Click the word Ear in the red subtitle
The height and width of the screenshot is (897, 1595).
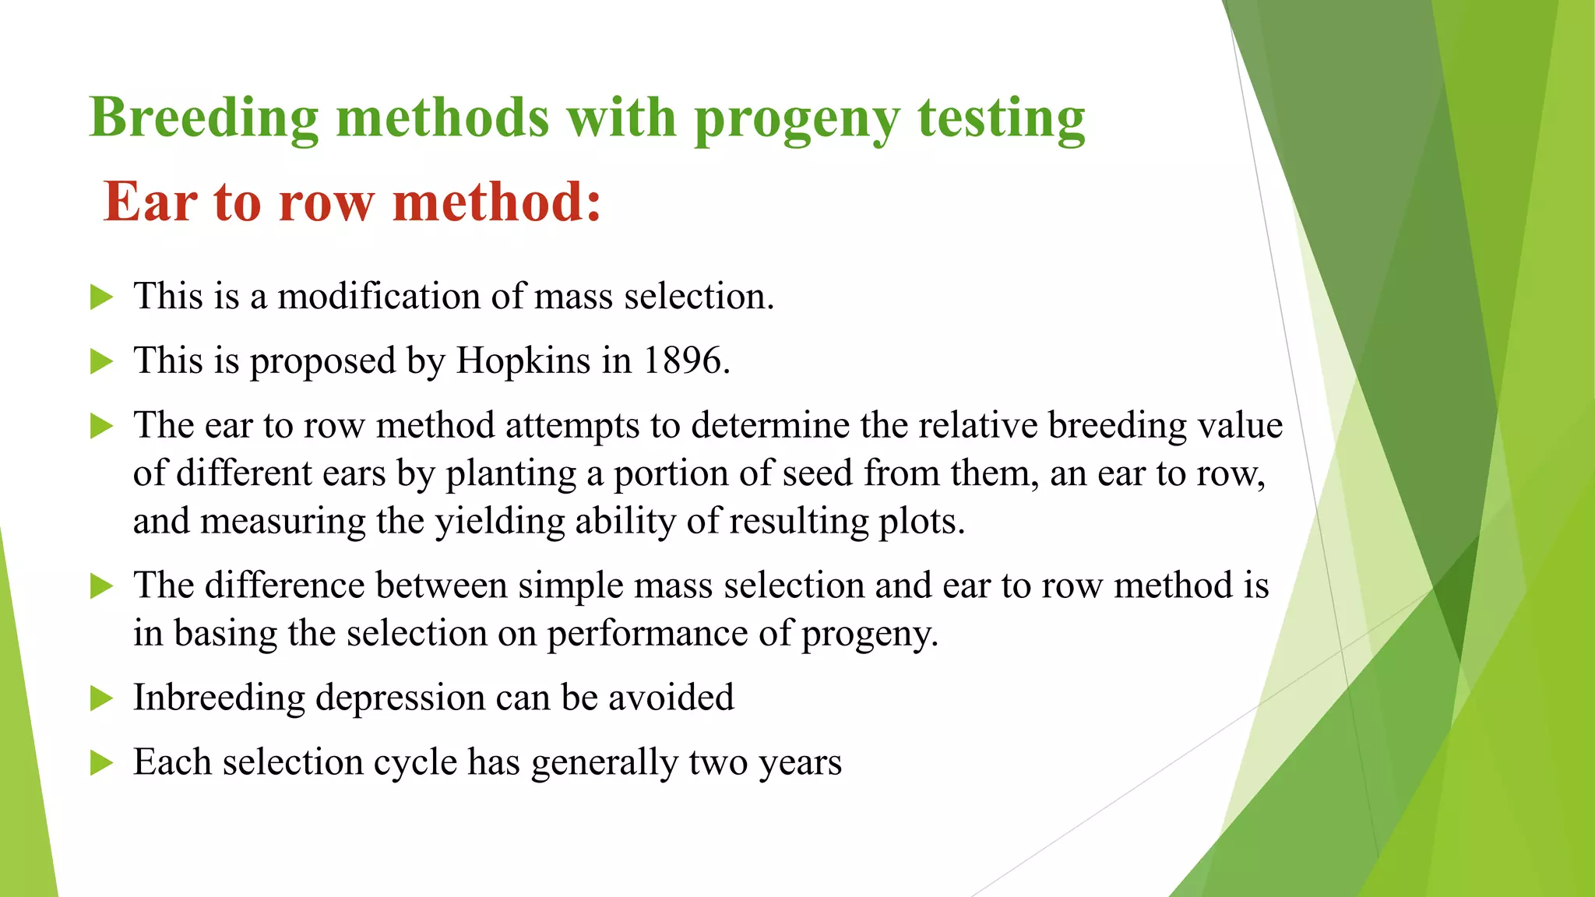[x=150, y=202]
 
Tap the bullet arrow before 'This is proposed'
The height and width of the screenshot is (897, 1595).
[x=101, y=361]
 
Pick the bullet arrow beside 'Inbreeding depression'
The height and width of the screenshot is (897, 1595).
[x=101, y=698]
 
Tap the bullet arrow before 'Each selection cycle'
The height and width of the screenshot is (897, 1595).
[x=101, y=763]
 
